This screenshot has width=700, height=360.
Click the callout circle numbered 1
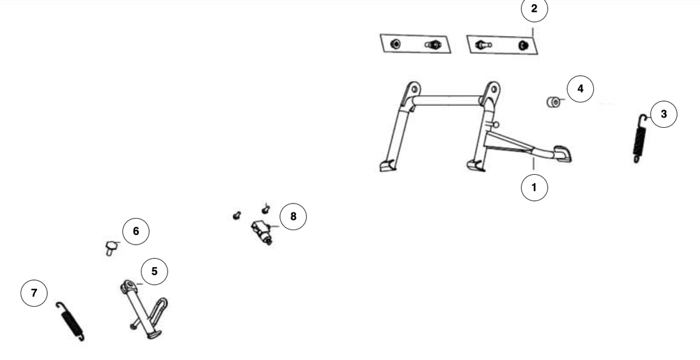pos(535,188)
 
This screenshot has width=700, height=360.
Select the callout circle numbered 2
pos(535,9)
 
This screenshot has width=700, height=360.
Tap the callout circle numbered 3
pos(664,114)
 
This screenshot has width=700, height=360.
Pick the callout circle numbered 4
pos(580,89)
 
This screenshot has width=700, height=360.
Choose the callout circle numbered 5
pos(154,271)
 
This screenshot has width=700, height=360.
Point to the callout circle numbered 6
pos(136,231)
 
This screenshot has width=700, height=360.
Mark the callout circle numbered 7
pos(34,293)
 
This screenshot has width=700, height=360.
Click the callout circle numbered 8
pos(293,217)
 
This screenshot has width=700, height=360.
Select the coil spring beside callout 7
pos(71,322)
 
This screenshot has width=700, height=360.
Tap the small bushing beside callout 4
pos(554,102)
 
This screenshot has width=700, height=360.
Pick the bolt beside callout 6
pos(111,247)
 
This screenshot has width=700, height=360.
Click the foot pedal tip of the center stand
pos(563,154)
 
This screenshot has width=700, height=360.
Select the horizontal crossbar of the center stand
pos(446,100)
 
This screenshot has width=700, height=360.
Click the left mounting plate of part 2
pos(416,44)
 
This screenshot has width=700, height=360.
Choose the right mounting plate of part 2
pos(502,45)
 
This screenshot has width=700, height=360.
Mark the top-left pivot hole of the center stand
pos(414,89)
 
